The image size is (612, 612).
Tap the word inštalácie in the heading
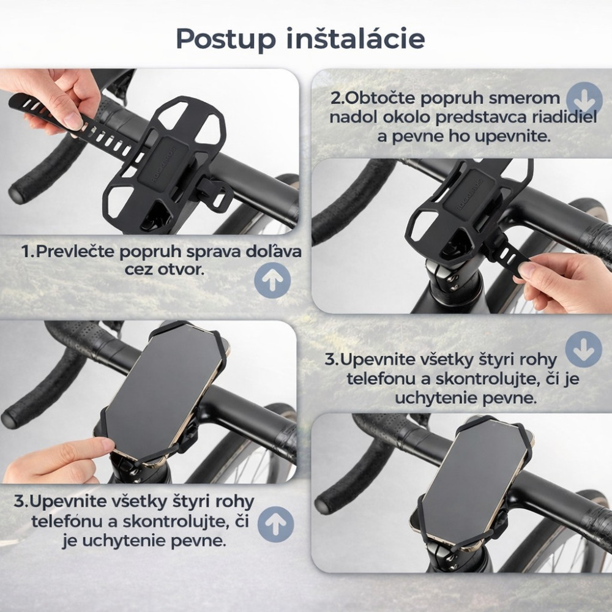[x=356, y=38]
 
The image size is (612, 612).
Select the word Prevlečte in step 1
[x=75, y=252]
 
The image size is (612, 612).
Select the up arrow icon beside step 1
[x=272, y=280]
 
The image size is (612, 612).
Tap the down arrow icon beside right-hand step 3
[x=583, y=349]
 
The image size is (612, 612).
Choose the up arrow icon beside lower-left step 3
[x=275, y=524]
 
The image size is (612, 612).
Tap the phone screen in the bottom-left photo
[x=164, y=394]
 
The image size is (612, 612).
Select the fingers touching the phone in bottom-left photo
[x=59, y=461]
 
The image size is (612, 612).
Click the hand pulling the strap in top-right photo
[x=566, y=281]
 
